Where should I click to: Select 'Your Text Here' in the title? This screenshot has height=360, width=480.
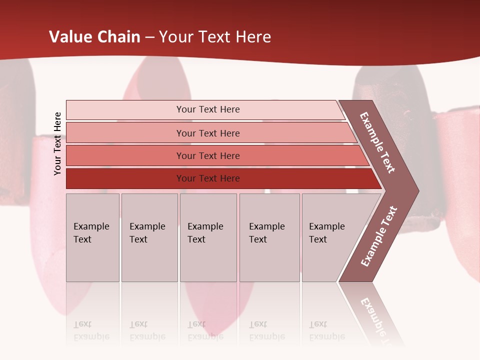coord(215,37)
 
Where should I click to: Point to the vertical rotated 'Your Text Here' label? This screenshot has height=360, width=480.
coord(57,143)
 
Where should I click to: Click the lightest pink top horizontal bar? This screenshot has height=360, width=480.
coord(207,109)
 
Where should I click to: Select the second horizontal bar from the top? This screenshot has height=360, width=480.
coord(207,133)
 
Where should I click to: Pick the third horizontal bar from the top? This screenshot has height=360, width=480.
coord(207,155)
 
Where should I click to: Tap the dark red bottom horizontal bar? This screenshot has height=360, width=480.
coord(207,178)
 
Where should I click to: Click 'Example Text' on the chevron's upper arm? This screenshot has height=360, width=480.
coord(377,142)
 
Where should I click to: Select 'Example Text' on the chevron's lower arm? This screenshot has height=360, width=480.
coord(379,236)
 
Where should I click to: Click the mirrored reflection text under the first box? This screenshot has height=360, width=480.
coord(91,330)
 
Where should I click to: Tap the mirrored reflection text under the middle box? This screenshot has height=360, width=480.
coord(205,330)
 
